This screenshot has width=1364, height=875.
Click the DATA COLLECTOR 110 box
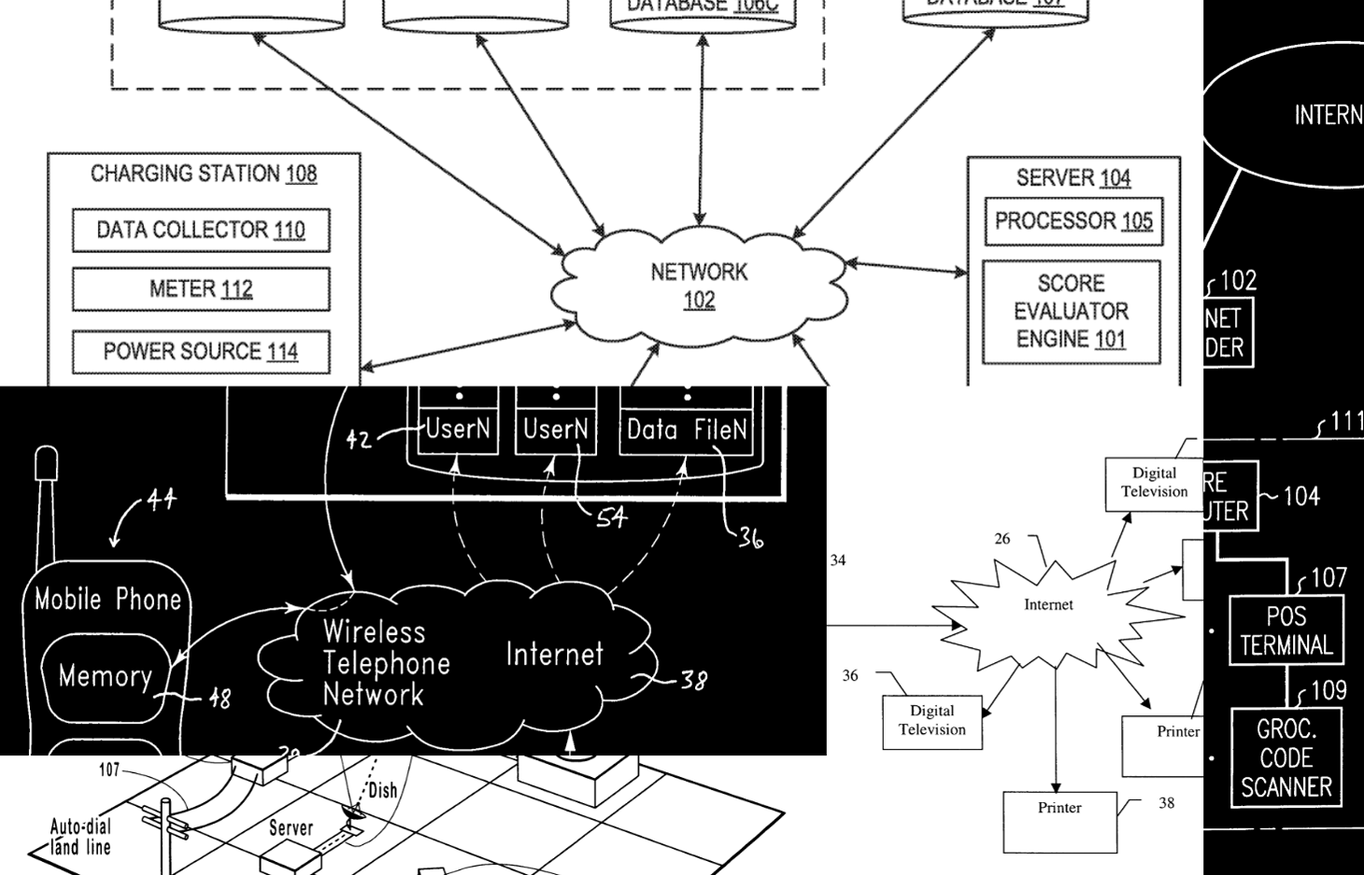pos(201,231)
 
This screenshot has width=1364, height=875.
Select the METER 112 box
pos(201,289)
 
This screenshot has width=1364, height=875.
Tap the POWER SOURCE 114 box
pos(201,352)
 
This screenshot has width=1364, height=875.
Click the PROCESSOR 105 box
pos(1073,221)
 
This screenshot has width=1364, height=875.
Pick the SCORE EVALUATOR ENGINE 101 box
pos(1071,312)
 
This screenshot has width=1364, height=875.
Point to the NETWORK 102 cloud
pos(699,286)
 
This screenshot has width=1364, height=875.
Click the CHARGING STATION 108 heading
pos(204,174)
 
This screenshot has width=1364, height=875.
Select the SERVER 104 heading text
pos(1073,177)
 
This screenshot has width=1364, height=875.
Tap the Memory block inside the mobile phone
pos(106,676)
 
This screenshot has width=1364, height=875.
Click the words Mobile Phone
pos(107,600)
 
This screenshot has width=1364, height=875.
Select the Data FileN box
pos(687,430)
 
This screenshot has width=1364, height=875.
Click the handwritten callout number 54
pos(611,516)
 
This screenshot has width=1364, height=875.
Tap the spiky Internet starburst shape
pos(1048,605)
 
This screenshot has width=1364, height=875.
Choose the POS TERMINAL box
pos(1286,631)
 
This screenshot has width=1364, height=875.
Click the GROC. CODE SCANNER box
pos(1286,757)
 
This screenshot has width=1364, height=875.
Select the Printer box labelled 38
pos(1059,822)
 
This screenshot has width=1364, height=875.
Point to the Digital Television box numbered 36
pos(931,721)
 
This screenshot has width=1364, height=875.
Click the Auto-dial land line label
pos(80,837)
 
